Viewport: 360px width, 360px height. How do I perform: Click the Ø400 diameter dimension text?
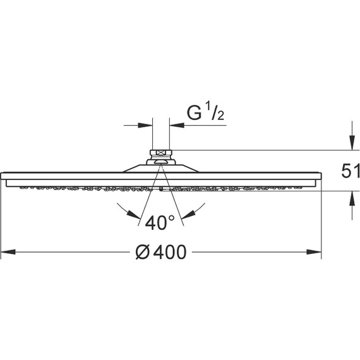pyautogui.click(x=160, y=252)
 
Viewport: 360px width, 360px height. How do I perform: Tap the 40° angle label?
pyautogui.click(x=160, y=222)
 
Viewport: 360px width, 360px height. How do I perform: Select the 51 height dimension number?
pyautogui.click(x=351, y=171)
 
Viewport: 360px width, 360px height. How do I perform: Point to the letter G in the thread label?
pyautogui.click(x=195, y=113)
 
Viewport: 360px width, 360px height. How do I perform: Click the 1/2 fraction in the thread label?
pyautogui.click(x=215, y=112)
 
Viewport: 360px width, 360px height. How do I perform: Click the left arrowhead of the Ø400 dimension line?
pyautogui.click(x=8, y=252)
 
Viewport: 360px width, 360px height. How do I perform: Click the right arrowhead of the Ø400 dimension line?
pyautogui.click(x=314, y=252)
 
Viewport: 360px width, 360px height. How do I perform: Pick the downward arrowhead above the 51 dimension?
pyautogui.click(x=352, y=143)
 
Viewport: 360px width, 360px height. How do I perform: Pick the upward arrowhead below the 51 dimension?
pyautogui.click(x=352, y=198)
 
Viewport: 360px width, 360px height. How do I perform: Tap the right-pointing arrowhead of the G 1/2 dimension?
pyautogui.click(x=145, y=125)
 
